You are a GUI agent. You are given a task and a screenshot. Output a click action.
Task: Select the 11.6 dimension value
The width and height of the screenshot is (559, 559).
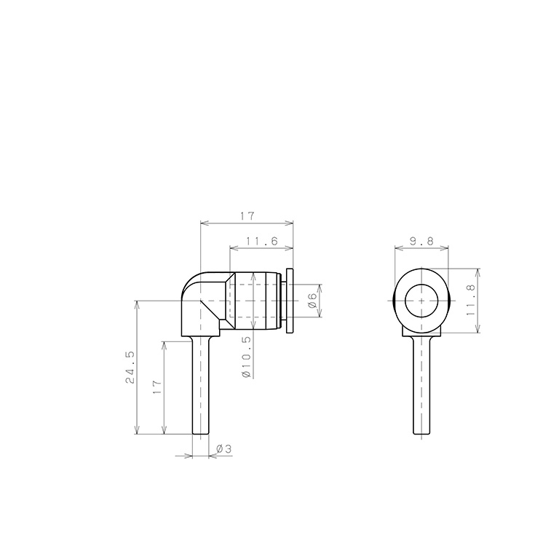point(262,241)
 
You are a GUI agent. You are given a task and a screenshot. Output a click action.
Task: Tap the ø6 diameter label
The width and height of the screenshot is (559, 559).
point(312,301)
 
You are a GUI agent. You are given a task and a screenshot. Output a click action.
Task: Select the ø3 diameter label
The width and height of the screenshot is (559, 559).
point(223,450)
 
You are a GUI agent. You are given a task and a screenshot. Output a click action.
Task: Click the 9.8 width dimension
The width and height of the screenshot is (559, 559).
point(421,240)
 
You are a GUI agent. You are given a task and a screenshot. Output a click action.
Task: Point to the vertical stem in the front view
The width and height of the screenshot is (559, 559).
point(421,386)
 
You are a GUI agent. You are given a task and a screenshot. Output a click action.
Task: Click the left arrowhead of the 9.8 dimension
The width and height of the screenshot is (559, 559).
point(397,248)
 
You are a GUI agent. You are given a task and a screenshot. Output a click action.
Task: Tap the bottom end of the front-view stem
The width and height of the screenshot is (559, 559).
point(421,434)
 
